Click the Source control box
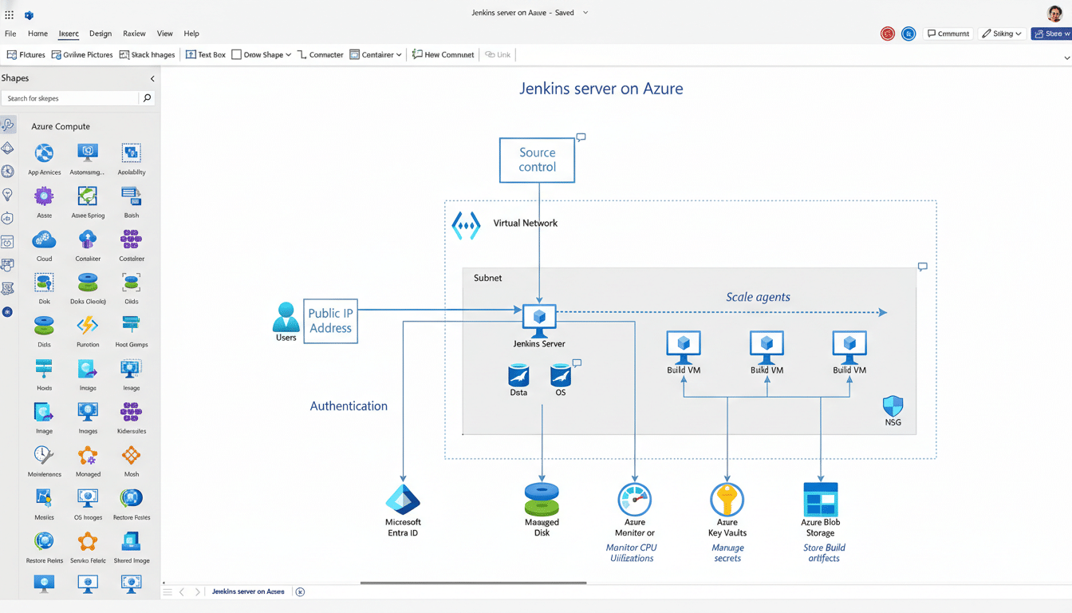[x=537, y=160]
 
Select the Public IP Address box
[x=330, y=321]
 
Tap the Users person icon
[x=286, y=317]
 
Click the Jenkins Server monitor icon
[x=539, y=318]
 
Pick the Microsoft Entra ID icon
[x=403, y=499]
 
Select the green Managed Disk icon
[x=542, y=499]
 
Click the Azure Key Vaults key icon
[x=727, y=500]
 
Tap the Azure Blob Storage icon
[x=820, y=499]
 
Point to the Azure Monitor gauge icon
[x=635, y=500]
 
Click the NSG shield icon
[x=893, y=405]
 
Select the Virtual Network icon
[x=466, y=225]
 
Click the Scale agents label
[x=758, y=297]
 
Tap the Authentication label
[x=349, y=405]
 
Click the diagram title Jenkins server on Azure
[x=601, y=89]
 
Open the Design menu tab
[x=100, y=34]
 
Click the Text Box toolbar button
[x=206, y=55]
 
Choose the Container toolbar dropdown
[x=376, y=55]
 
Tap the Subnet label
[x=488, y=278]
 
